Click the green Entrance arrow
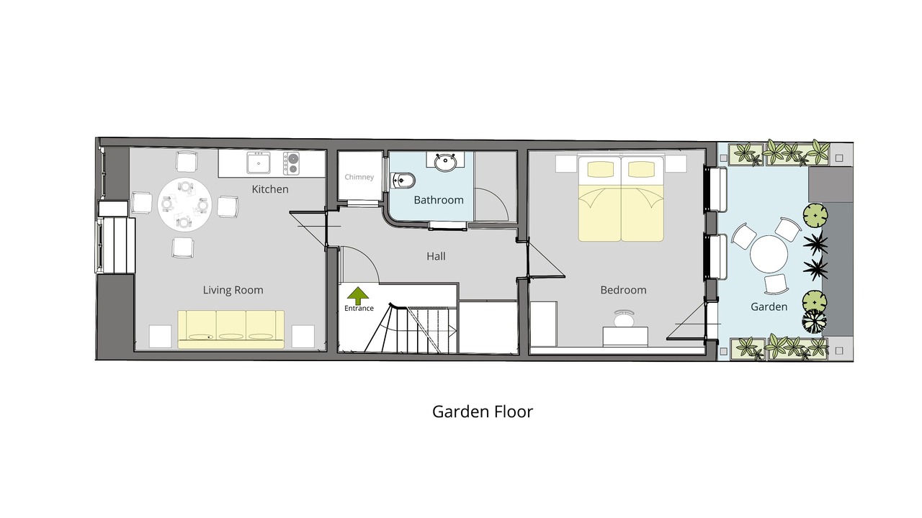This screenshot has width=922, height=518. tap(358, 296)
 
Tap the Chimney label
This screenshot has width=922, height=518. tap(359, 177)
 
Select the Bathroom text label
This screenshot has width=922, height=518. tap(439, 200)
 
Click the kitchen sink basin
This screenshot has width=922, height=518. tap(259, 163)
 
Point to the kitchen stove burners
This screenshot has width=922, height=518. tap(292, 163)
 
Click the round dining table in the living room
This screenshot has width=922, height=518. tap(184, 204)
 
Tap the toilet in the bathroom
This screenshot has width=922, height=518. tap(403, 181)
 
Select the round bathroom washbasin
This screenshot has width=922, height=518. tap(445, 163)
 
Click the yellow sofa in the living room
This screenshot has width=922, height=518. tap(231, 330)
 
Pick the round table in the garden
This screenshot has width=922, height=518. tap(769, 254)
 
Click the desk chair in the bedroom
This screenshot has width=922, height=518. tap(625, 318)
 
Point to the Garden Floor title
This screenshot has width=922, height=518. tap(483, 412)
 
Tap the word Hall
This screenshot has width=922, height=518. tap(436, 256)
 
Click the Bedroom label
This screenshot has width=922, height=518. tap(623, 290)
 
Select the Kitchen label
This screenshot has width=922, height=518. tap(270, 189)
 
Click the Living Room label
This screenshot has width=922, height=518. tap(233, 290)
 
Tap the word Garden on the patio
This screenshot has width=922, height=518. tap(769, 306)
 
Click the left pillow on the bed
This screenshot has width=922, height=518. tap(600, 169)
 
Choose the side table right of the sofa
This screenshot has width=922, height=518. tap(303, 336)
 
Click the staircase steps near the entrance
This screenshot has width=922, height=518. tap(411, 329)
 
